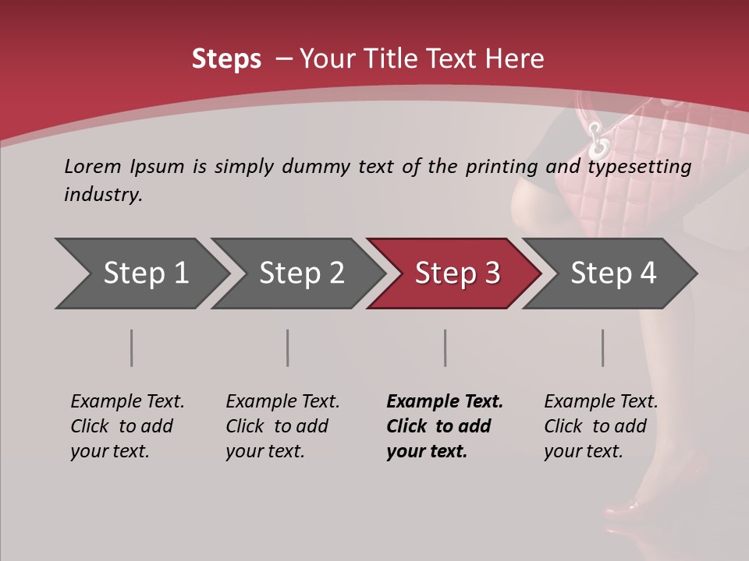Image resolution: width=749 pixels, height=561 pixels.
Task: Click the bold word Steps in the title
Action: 226,59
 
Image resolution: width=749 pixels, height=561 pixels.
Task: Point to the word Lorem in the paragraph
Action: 93,166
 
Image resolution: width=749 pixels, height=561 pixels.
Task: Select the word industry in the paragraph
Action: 103,195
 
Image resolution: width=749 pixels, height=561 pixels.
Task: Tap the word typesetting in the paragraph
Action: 639,167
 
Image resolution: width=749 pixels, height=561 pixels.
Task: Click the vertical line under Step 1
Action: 132,348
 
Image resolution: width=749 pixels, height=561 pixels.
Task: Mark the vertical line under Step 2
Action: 288,348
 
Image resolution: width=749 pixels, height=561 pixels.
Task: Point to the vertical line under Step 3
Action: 445,348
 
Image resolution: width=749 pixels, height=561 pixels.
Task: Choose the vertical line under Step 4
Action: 603,348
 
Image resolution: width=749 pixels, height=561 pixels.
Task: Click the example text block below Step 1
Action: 127,426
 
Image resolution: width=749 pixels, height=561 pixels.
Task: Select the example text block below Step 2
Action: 282,426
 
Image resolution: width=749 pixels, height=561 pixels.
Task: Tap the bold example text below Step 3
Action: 445,426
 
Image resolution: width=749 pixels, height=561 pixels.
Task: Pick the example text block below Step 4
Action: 601,426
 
